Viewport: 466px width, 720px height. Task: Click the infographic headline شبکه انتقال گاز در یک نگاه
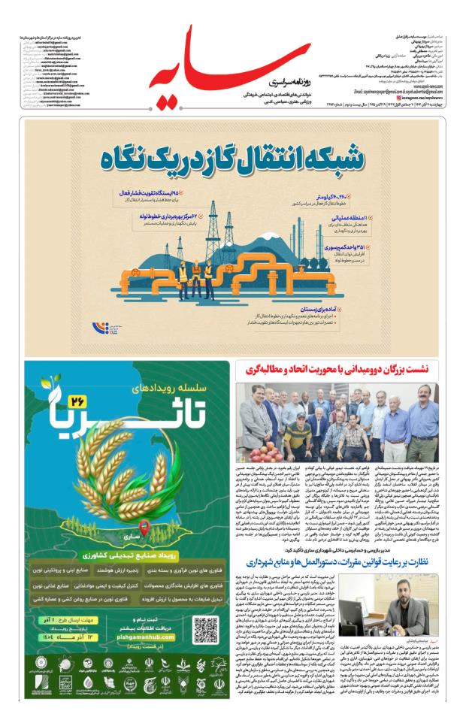232,159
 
